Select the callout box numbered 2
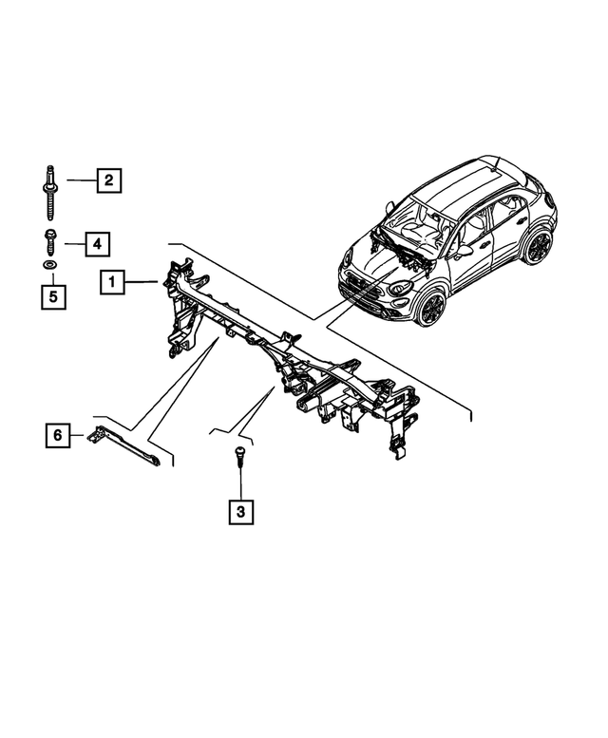(109, 180)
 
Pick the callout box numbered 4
(96, 243)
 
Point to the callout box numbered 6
(58, 436)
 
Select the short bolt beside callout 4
(48, 242)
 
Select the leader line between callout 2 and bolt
(80, 180)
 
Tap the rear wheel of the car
(539, 247)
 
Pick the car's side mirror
(464, 252)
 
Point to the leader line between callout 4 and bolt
(71, 243)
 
